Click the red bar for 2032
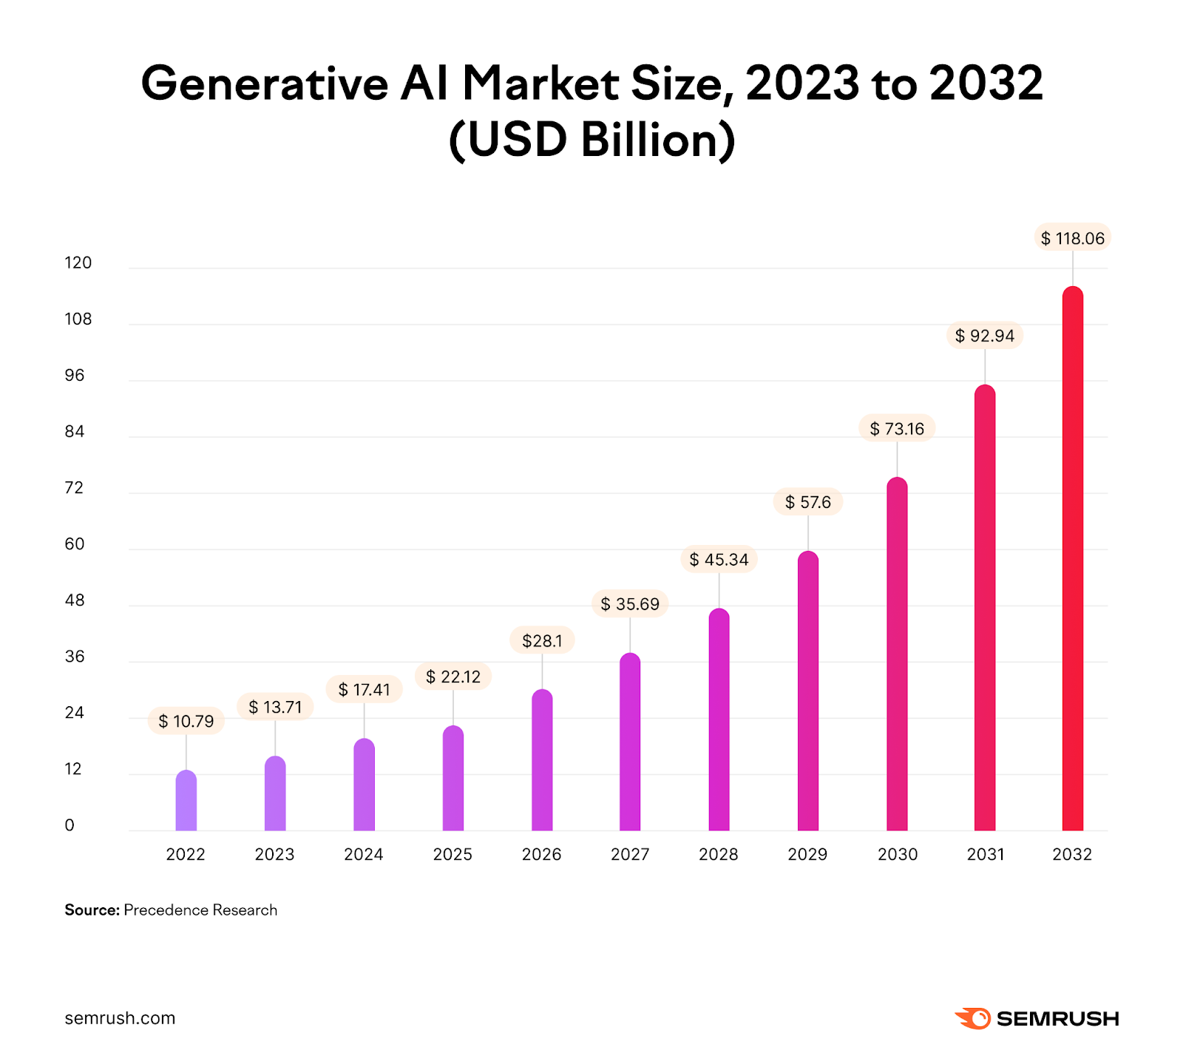[x=1072, y=562]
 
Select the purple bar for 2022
[x=186, y=802]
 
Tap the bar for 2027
[x=630, y=743]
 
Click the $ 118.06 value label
[x=1072, y=238]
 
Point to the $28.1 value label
[x=542, y=640]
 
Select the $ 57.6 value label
[x=807, y=502]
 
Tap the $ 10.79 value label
[x=186, y=721]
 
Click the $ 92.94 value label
[x=984, y=336]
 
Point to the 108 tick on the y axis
[x=78, y=319]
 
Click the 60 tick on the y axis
[x=75, y=544]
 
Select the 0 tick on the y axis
[x=70, y=825]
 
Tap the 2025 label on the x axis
[x=452, y=854]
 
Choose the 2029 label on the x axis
[x=807, y=854]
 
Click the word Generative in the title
[x=264, y=83]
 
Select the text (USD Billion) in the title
[x=591, y=139]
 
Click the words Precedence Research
[x=200, y=910]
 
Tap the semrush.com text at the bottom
[x=120, y=1018]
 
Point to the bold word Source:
[x=92, y=910]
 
